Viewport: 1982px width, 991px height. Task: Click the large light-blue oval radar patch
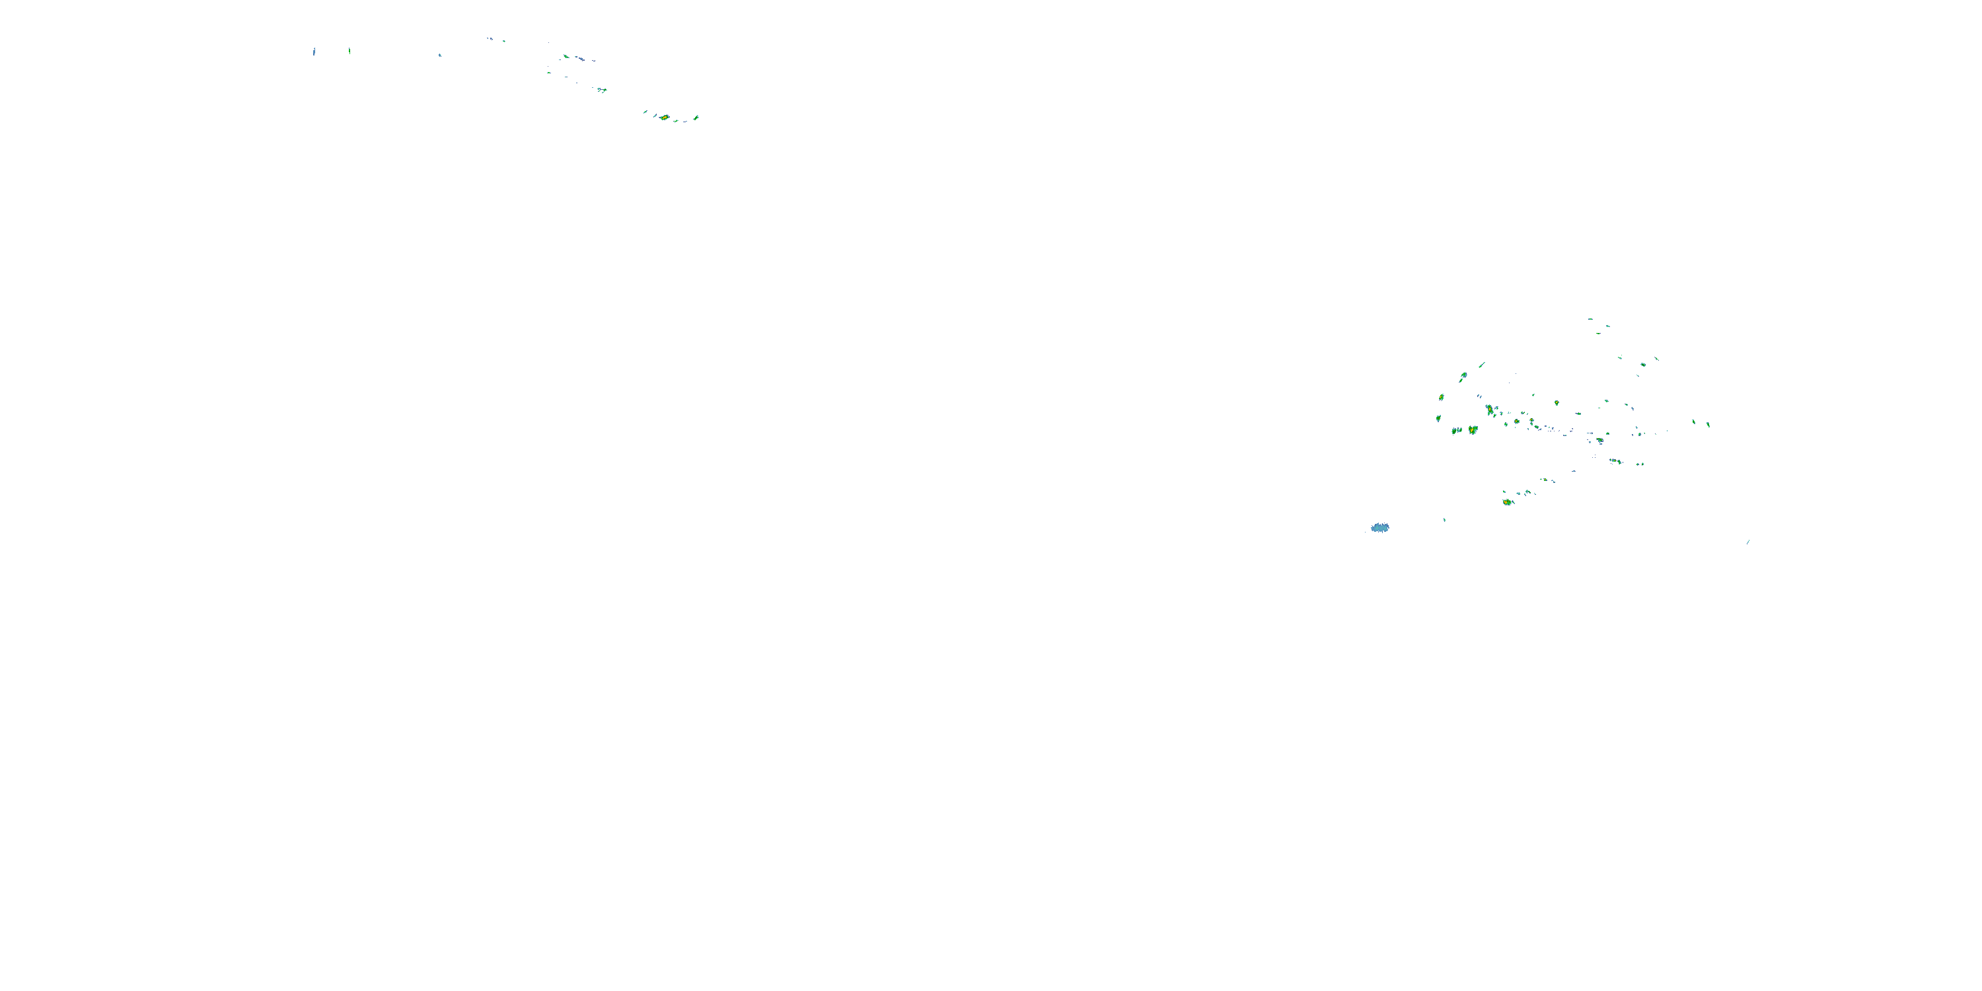1379,528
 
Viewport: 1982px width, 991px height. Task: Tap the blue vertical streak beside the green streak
314,52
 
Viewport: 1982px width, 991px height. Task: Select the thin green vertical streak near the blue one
349,51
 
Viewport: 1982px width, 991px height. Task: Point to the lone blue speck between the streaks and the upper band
439,55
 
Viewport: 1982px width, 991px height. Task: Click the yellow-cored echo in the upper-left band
663,118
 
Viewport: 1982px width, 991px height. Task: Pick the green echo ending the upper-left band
696,118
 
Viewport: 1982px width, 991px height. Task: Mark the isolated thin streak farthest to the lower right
1748,542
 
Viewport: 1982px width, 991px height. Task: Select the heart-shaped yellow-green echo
1473,429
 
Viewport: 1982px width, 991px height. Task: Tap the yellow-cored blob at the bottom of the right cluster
1506,501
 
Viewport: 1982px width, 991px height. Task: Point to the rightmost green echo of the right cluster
1708,424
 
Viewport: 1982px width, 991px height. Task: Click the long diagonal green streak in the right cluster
1481,365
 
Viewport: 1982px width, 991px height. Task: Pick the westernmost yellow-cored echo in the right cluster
1441,398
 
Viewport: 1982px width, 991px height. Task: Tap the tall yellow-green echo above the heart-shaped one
1490,410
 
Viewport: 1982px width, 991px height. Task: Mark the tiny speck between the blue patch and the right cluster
1444,520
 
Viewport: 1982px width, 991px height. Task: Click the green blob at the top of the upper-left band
566,57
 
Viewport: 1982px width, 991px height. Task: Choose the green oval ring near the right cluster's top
1642,364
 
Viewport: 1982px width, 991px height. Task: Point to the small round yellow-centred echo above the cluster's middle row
1556,402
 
